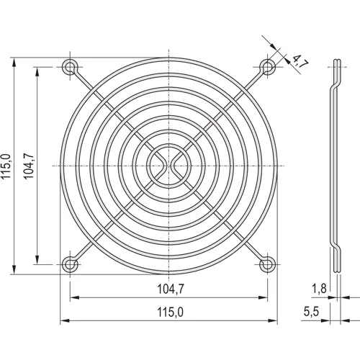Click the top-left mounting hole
(70, 68)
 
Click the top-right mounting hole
(268, 68)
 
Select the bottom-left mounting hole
(70, 264)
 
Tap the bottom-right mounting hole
(268, 264)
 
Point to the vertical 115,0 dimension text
(6, 166)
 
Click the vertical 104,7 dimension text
(28, 166)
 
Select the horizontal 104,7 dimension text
(169, 290)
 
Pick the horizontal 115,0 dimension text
(169, 312)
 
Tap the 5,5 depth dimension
(311, 312)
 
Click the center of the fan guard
(169, 166)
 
